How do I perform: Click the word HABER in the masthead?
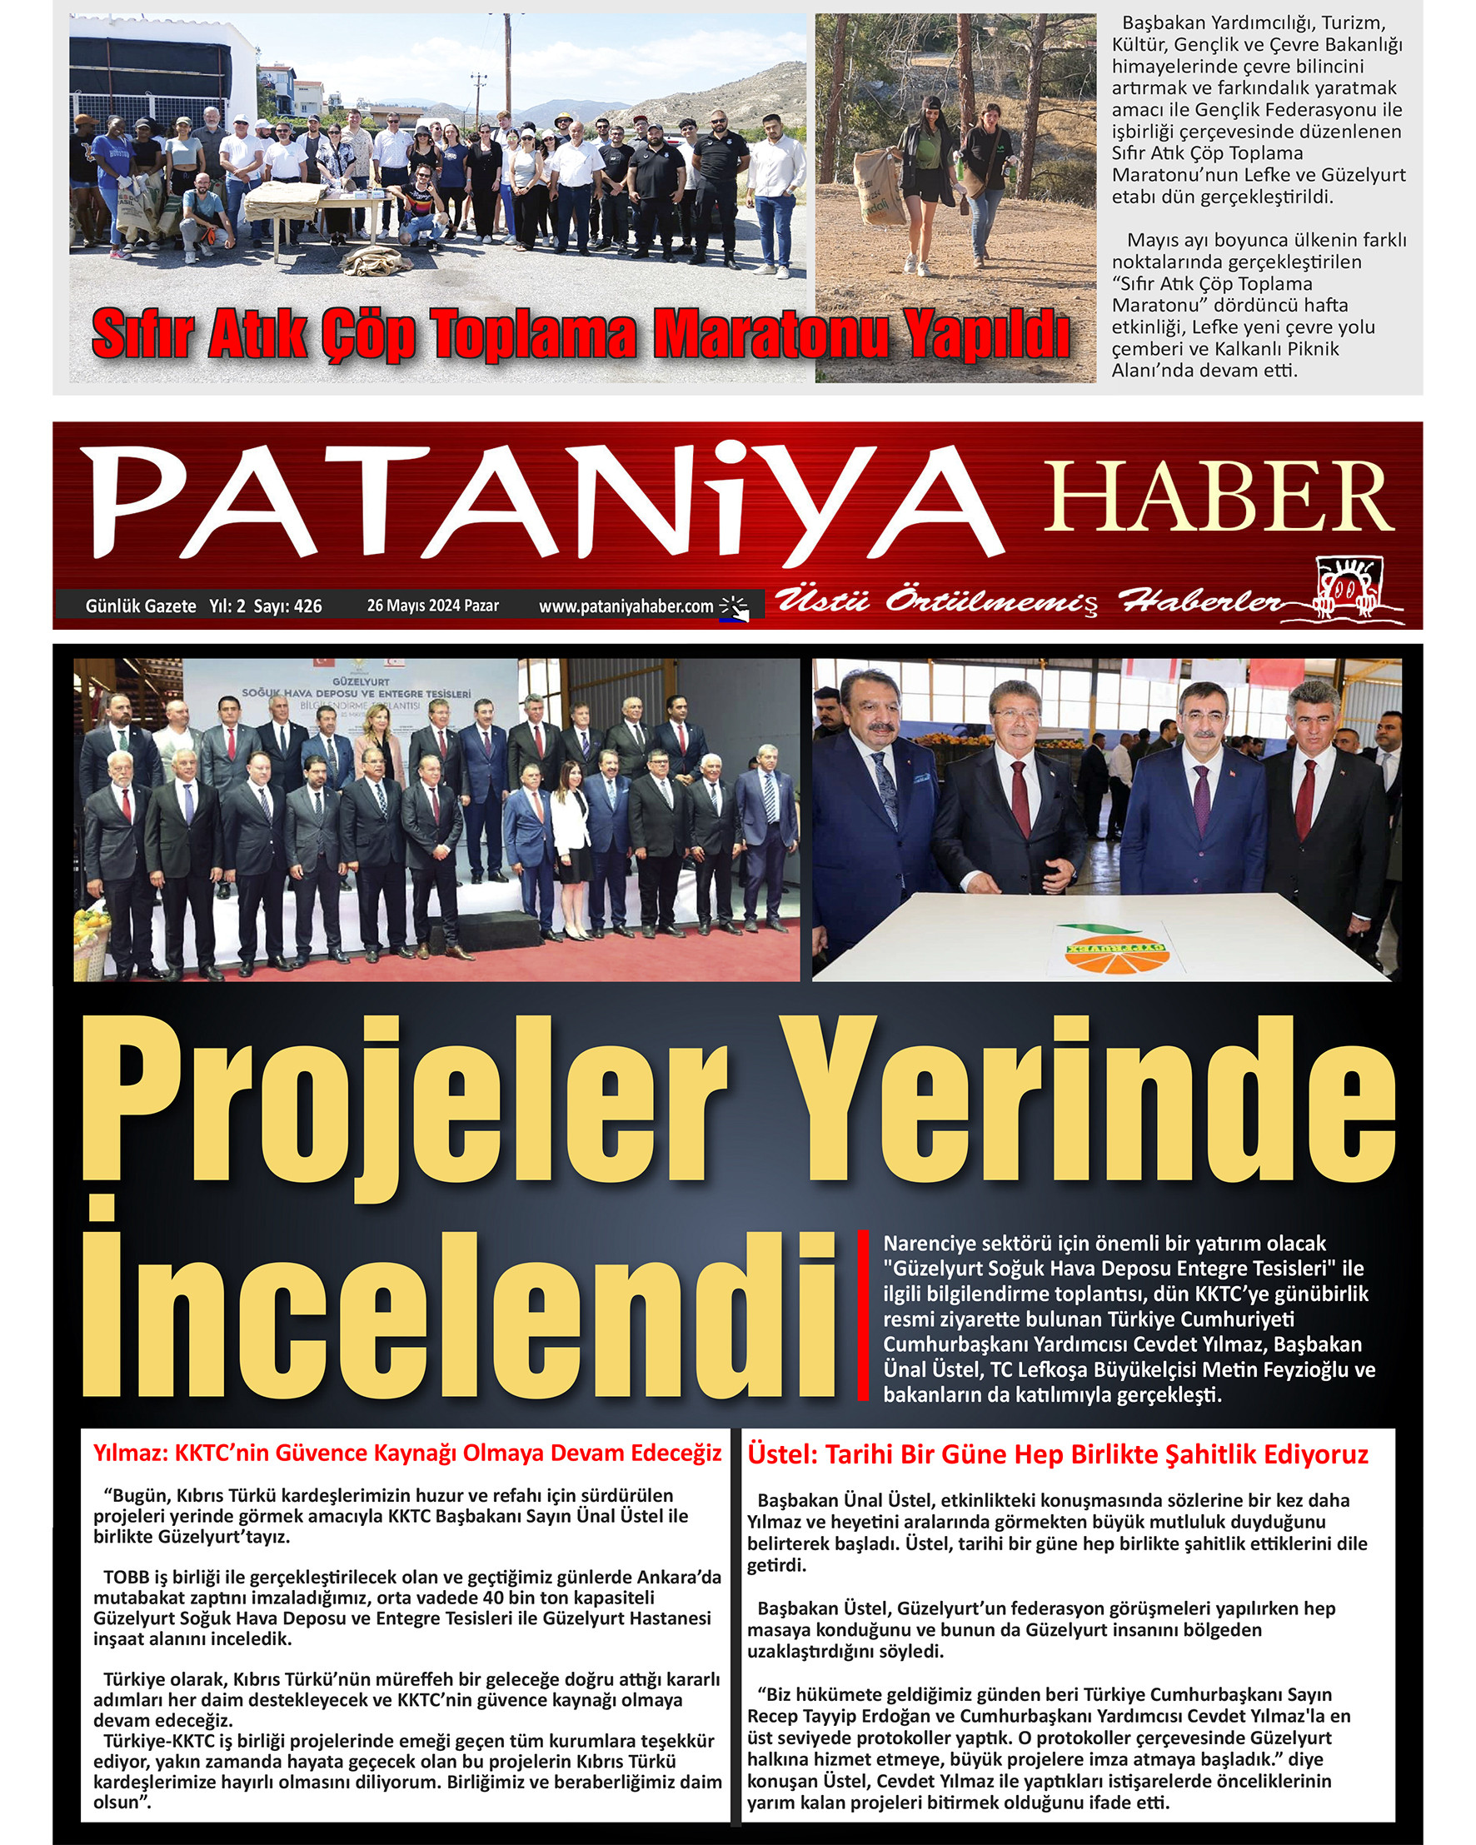[1219, 496]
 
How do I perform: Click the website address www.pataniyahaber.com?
[626, 606]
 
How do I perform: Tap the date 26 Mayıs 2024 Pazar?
[433, 605]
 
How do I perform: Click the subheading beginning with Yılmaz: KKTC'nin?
[407, 1453]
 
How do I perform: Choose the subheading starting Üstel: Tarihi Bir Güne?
[1058, 1454]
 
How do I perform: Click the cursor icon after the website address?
[733, 606]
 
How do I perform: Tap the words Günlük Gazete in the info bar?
[140, 606]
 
